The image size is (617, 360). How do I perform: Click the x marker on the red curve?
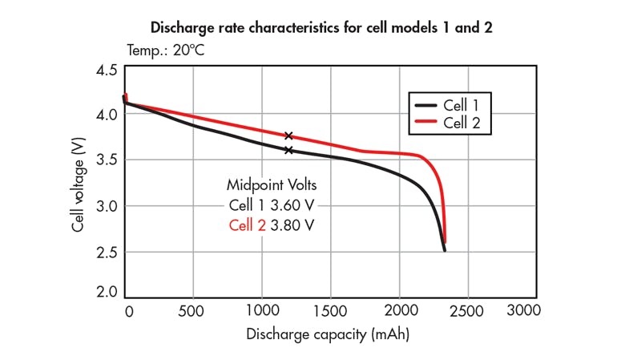[x=288, y=136]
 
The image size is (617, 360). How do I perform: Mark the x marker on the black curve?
[x=288, y=150]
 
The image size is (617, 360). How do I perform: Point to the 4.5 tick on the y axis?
[x=107, y=70]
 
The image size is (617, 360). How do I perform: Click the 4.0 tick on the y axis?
[x=107, y=114]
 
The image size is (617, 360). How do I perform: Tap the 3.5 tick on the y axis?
[x=107, y=160]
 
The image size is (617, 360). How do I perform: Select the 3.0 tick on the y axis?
[x=107, y=206]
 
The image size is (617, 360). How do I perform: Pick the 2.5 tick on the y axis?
[x=107, y=253]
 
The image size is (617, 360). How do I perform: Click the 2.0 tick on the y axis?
[x=107, y=292]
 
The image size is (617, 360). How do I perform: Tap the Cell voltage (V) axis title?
[x=79, y=184]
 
